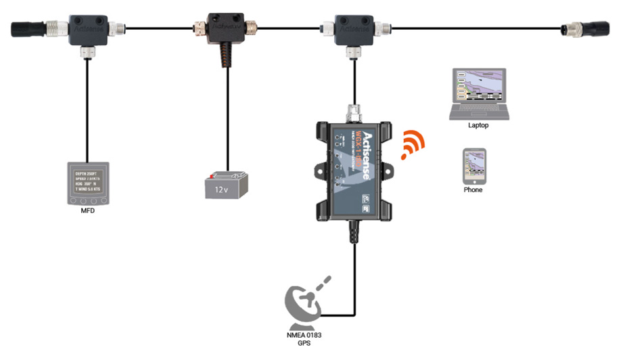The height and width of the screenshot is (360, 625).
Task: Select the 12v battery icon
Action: click(227, 185)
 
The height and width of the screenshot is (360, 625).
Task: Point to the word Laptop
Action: click(478, 125)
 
